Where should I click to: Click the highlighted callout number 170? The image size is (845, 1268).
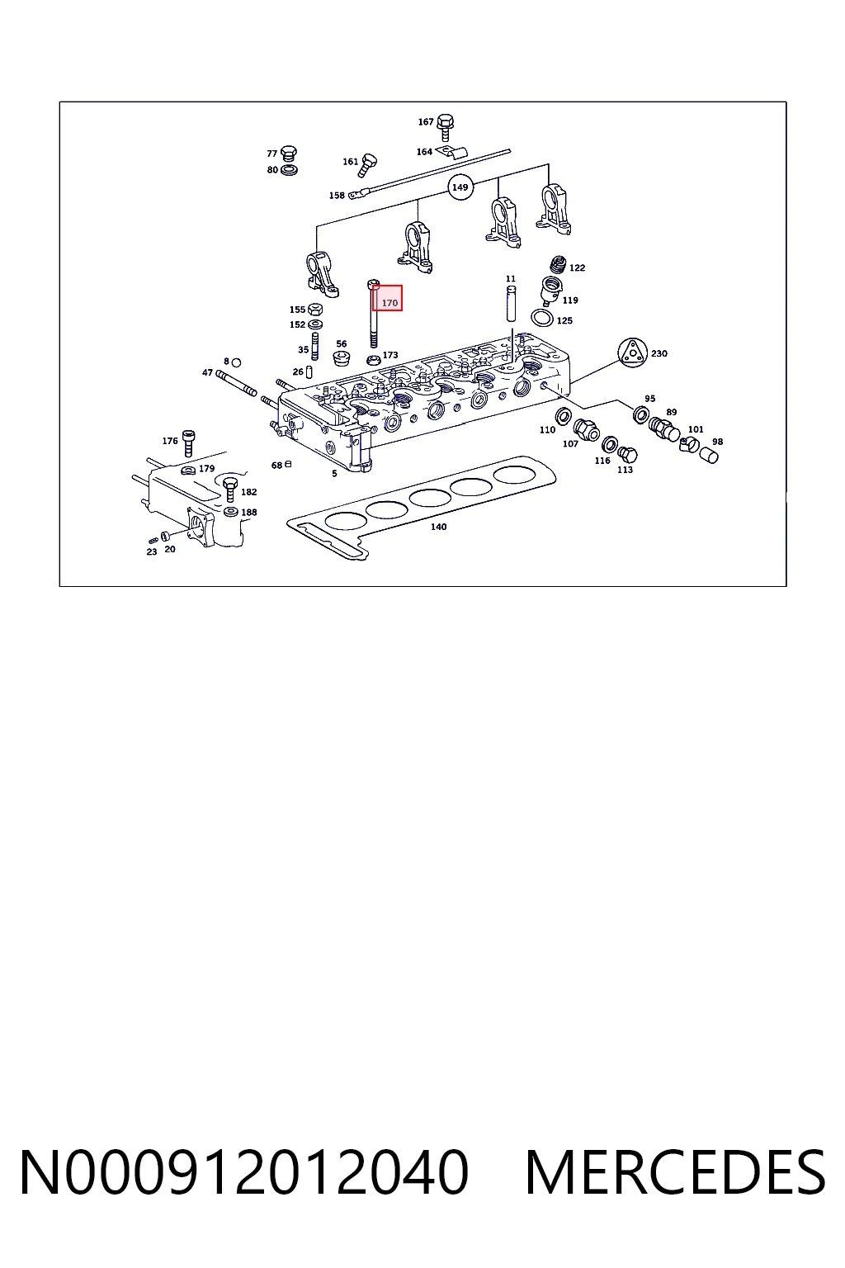click(x=389, y=303)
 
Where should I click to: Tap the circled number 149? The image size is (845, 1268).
click(x=460, y=187)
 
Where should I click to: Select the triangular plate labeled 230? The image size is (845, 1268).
click(x=631, y=352)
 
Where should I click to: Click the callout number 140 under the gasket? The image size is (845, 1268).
click(x=439, y=527)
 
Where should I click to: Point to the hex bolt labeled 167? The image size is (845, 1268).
click(x=446, y=127)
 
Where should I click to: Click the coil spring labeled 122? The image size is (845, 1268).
click(x=558, y=265)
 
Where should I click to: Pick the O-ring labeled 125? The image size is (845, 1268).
click(x=542, y=318)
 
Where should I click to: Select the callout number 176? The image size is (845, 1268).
click(x=170, y=440)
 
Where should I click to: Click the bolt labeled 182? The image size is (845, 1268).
click(x=229, y=489)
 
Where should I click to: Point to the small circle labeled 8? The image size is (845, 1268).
click(x=237, y=362)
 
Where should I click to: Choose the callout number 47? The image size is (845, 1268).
click(x=207, y=372)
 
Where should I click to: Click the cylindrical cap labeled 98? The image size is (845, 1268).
click(x=710, y=455)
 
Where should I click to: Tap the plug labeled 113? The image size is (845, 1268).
click(x=627, y=455)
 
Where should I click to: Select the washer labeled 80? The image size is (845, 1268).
click(x=289, y=170)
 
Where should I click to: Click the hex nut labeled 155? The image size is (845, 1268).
click(x=315, y=309)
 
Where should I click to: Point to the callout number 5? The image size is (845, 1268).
click(x=334, y=473)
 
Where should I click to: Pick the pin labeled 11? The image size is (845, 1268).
click(x=511, y=304)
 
